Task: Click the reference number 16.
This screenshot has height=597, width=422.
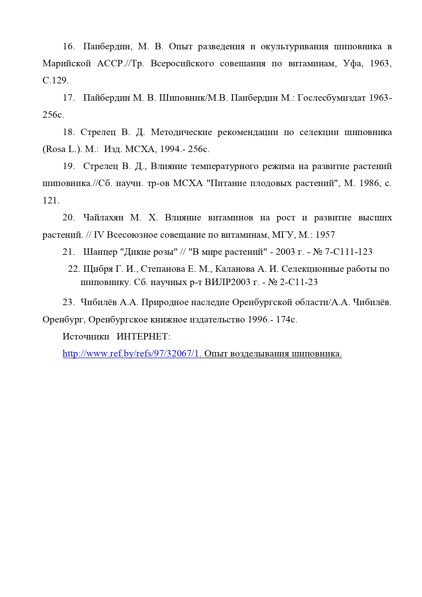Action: (68, 47)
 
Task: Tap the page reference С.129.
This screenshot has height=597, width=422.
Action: (55, 81)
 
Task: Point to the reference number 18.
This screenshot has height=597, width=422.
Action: (68, 132)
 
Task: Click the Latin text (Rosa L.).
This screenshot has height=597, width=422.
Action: (62, 149)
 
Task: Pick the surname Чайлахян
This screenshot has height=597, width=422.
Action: (103, 218)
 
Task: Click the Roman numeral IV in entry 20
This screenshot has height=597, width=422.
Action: (99, 235)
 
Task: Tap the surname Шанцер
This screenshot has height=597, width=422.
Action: (100, 252)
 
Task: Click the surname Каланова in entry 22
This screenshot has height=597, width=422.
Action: (235, 269)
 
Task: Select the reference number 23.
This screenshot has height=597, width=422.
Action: (68, 302)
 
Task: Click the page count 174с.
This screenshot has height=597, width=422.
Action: (287, 320)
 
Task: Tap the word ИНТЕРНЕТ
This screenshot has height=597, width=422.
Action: (143, 337)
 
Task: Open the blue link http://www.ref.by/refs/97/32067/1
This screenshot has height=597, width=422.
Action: (131, 354)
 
